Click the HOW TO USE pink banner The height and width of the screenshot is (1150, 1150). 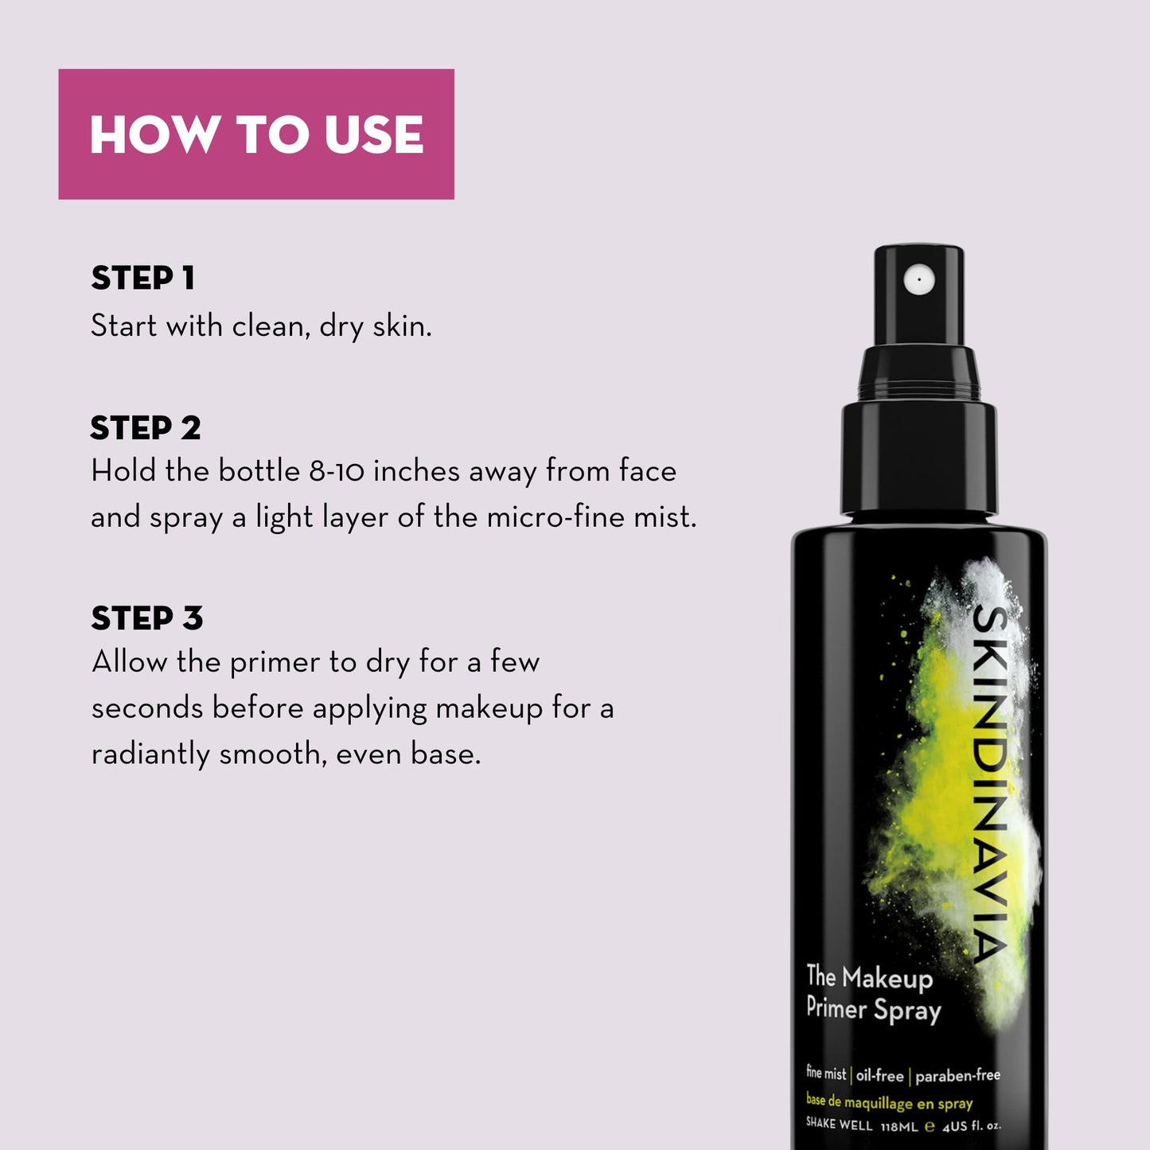[x=255, y=134]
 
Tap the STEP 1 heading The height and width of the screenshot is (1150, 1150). [x=142, y=279]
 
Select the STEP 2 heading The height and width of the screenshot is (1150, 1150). [x=145, y=428]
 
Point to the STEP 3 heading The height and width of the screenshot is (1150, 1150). [x=146, y=618]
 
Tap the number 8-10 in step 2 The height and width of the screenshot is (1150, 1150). [x=337, y=471]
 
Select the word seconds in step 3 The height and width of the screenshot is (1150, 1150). [x=147, y=708]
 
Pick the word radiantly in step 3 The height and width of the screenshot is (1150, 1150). [x=150, y=754]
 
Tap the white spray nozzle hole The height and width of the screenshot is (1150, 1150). [x=919, y=279]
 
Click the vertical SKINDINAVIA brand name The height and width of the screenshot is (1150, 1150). [x=992, y=784]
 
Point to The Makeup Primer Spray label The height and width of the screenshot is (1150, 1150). [x=872, y=993]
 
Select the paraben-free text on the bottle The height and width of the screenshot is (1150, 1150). [x=957, y=1076]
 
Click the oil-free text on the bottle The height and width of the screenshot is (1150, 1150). [x=879, y=1076]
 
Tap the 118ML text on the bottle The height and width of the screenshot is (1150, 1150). [x=899, y=1126]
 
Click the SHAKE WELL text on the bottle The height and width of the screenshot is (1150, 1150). [x=839, y=1124]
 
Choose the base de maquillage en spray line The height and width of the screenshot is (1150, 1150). [x=889, y=1102]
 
